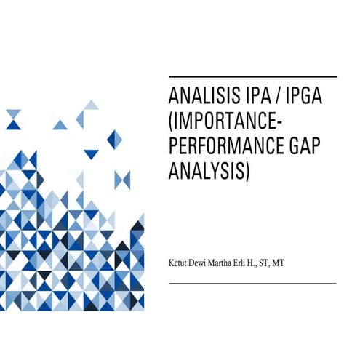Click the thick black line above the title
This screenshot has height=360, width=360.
pyautogui.click(x=252, y=76)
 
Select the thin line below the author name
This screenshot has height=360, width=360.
pyautogui.click(x=252, y=283)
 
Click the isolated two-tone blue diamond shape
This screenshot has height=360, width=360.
pyautogui.click(x=114, y=139)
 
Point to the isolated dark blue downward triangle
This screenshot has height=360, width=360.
pyautogui.click(x=91, y=153)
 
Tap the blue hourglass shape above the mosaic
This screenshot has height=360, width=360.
pyautogui.click(x=122, y=179)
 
